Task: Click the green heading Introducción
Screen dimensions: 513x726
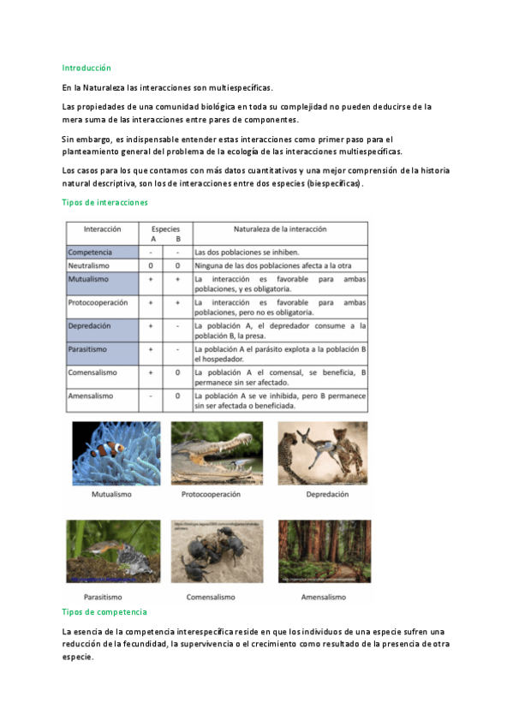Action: pos(86,68)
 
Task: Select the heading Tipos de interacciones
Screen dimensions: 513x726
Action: pos(105,203)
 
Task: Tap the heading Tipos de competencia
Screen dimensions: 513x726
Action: pos(104,612)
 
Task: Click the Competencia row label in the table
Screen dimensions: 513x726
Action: pos(90,253)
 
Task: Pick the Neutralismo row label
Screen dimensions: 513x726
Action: pos(91,265)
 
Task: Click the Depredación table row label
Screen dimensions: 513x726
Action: pos(90,326)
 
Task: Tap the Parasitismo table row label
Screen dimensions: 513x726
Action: pos(90,350)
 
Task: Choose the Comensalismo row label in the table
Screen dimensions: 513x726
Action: pos(94,373)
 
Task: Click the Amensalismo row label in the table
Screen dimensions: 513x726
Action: pos(92,396)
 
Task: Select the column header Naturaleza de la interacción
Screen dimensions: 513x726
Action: pos(280,229)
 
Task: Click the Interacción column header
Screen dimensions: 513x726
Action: pos(102,229)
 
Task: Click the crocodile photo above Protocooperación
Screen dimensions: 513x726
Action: pos(217,453)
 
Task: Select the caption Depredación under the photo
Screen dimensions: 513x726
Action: pos(323,495)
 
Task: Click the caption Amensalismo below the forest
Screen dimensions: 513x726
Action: pos(323,597)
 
